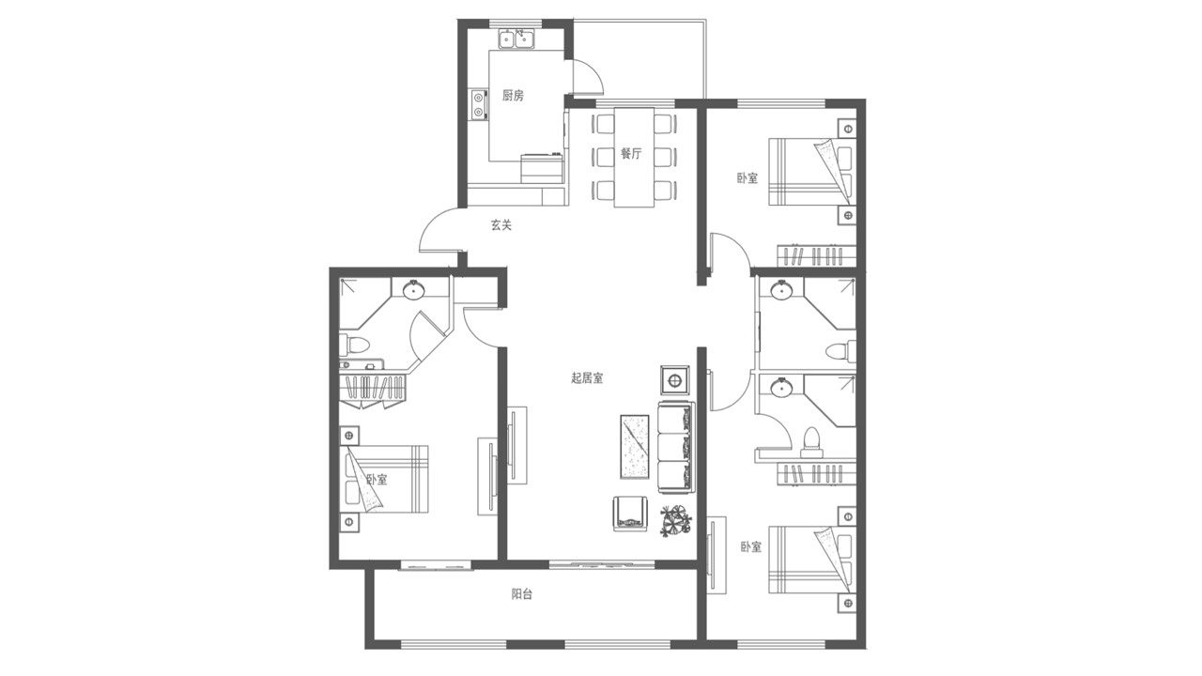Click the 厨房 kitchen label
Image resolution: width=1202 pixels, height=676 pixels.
click(513, 96)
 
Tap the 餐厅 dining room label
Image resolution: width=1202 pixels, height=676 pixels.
click(631, 153)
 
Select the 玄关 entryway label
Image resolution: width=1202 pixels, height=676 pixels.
click(501, 224)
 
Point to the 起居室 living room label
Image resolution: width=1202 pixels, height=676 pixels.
click(587, 378)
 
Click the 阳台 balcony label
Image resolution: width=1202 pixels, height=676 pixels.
click(521, 594)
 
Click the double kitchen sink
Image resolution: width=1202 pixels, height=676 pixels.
click(516, 39)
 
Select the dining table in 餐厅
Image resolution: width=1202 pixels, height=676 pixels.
click(634, 158)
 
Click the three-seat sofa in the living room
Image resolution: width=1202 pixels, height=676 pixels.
click(676, 447)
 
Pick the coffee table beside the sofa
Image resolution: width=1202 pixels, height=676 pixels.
click(635, 446)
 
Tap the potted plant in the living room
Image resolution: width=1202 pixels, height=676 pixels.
click(675, 520)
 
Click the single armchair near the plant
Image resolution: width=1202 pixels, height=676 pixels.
click(631, 513)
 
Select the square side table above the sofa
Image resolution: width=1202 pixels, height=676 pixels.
click(675, 381)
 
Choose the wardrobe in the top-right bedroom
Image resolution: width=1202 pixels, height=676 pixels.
click(816, 255)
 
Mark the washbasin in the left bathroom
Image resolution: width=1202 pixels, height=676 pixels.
click(414, 290)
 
